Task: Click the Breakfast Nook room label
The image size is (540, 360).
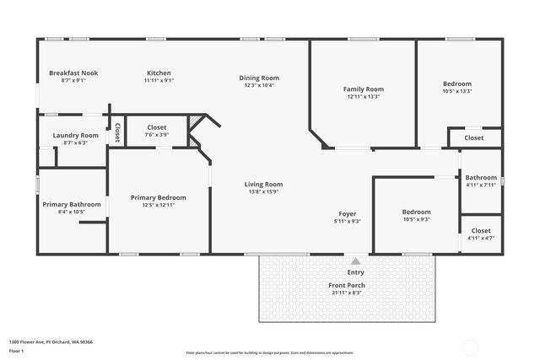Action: (73, 73)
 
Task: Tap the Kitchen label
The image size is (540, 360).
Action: (159, 73)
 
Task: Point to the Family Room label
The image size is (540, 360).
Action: (363, 89)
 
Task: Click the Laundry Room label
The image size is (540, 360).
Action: (75, 136)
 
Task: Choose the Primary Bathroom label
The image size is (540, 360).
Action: (72, 204)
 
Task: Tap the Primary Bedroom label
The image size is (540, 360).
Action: (159, 197)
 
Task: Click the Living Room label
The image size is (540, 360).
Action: (263, 184)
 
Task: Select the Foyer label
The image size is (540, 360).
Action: (348, 214)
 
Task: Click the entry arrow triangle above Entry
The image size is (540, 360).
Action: (355, 261)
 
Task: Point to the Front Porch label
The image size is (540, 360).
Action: (347, 285)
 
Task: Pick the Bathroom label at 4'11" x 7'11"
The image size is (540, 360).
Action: (481, 178)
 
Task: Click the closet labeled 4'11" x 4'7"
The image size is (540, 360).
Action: (481, 230)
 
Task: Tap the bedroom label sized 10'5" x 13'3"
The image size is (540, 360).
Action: (457, 83)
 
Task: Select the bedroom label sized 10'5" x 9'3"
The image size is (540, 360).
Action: (416, 212)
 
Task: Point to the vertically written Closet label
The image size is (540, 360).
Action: (117, 132)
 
